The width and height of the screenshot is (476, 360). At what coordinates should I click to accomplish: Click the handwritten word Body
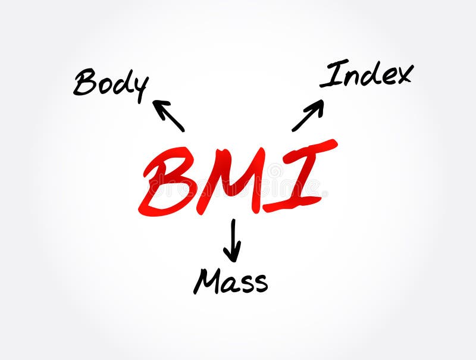coord(111,83)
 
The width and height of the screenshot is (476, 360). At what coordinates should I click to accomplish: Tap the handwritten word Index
coord(365,74)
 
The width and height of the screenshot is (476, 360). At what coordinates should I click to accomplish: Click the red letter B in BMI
coord(169,182)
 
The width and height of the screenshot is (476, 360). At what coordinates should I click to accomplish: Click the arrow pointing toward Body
coord(169,115)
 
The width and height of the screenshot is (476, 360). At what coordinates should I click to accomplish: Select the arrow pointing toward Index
coord(308,115)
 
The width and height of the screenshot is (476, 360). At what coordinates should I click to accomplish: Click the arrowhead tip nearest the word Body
coord(154,101)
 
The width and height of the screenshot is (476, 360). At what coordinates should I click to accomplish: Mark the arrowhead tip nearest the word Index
coord(322,101)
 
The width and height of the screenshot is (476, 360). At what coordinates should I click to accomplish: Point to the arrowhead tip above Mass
coord(233,261)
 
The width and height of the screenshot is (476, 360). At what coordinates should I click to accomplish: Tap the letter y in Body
coord(140,88)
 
